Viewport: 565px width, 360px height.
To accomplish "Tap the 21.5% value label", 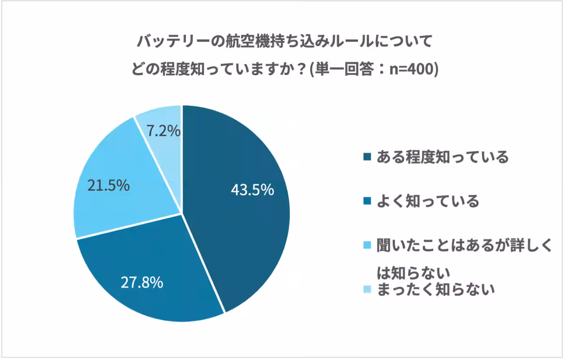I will tap(108, 185).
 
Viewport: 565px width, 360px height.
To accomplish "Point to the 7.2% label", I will tap(163, 131).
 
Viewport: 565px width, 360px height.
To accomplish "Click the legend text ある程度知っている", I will tap(442, 157).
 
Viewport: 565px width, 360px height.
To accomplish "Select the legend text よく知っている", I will tap(428, 201).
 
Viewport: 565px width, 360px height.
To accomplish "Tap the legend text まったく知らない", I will tap(435, 289).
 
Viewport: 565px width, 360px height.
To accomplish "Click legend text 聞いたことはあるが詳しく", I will tap(464, 245).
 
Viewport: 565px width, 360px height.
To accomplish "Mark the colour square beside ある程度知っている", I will tap(368, 157).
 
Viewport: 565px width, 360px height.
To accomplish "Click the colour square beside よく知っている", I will tap(368, 202).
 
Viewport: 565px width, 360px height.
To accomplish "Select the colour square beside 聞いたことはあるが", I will tap(368, 246).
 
